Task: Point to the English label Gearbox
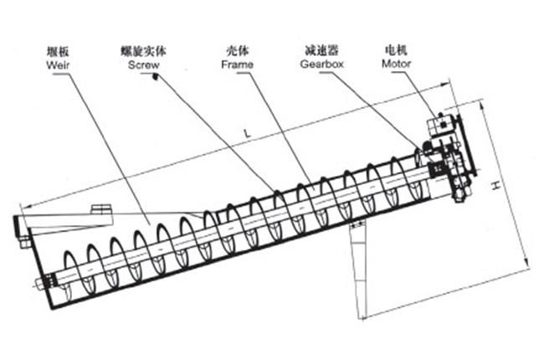319,64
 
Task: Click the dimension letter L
245,133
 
